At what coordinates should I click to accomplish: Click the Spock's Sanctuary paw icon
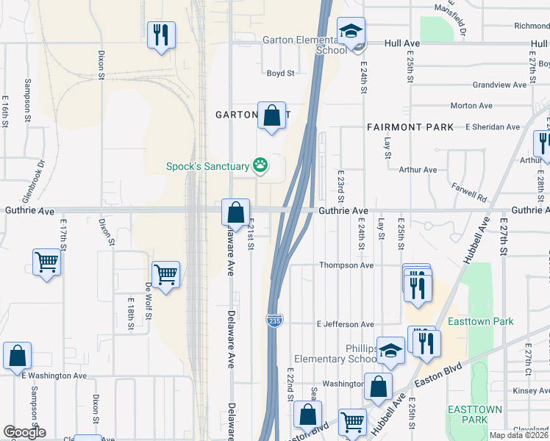260,165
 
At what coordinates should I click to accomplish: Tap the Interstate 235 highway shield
274,321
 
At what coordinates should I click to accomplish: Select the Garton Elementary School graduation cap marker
351,32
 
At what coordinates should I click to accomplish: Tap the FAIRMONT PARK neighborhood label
410,127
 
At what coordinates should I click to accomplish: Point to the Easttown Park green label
481,321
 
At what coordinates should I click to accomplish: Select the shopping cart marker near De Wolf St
166,276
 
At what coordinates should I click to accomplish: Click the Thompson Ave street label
346,265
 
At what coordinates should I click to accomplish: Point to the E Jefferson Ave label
346,324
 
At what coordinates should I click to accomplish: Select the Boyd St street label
280,73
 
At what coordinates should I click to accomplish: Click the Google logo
24,432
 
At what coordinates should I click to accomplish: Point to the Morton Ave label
471,106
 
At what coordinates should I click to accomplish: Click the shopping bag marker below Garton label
271,116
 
